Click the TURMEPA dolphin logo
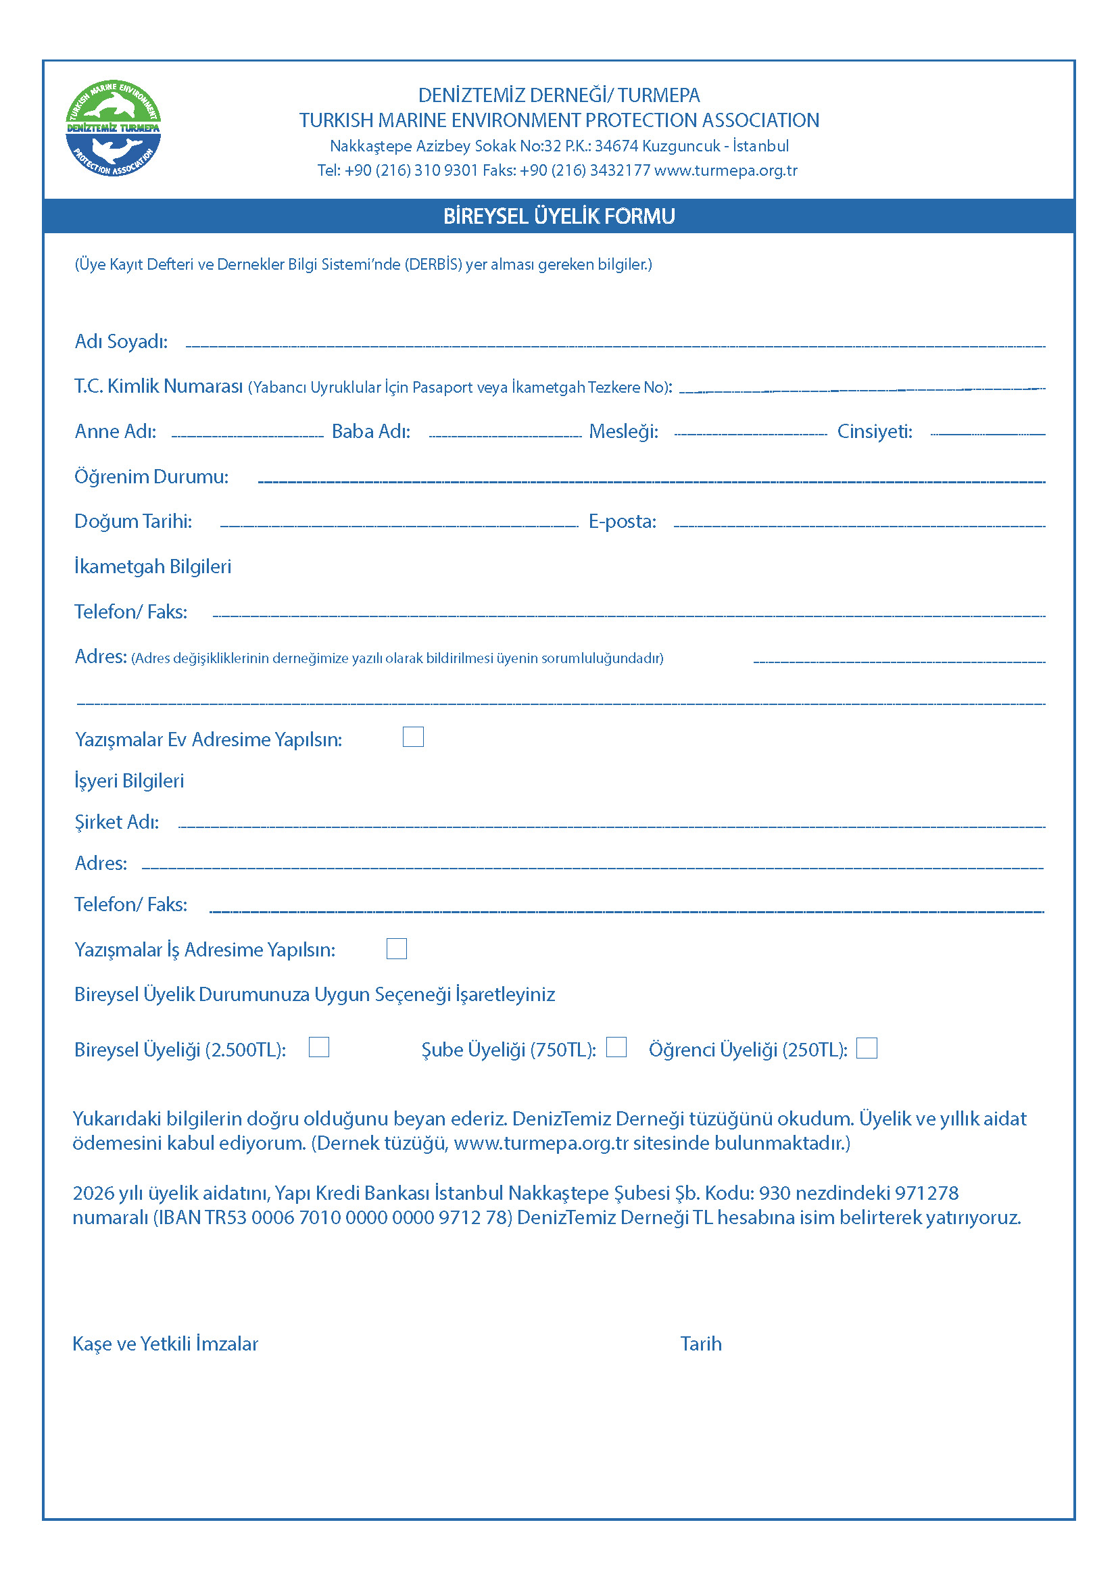113,128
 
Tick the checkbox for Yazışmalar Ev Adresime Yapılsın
413,737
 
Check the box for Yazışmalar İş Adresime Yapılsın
397,948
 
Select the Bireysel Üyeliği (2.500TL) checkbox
319,1047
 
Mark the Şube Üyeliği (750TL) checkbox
616,1047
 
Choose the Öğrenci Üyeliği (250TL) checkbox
867,1048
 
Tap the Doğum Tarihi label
133,521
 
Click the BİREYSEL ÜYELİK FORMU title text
559,216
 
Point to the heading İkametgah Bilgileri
153,566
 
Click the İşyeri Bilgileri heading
129,781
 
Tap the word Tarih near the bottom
701,1344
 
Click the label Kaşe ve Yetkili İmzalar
165,1344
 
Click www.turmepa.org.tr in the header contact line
725,170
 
